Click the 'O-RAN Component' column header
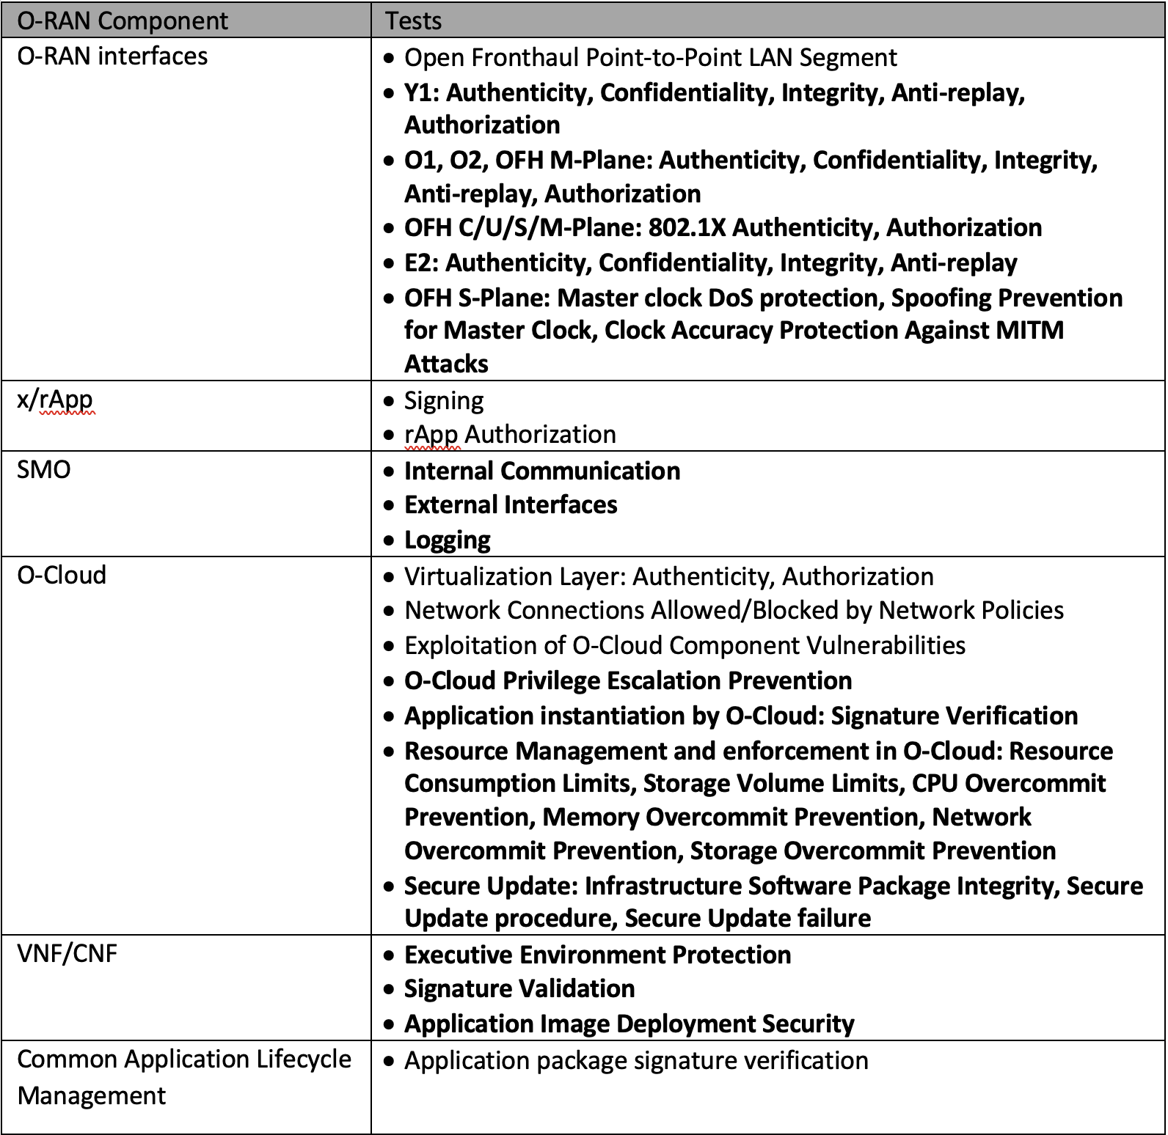123,21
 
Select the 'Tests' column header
414,21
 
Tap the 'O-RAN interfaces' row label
112,56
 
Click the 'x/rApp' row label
55,400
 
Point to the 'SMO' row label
44,469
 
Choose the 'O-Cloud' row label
62,575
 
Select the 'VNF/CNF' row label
67,953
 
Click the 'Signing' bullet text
444,401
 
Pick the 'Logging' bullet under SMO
448,540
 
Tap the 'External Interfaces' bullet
511,505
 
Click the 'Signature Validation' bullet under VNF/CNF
519,989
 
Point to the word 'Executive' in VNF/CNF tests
458,955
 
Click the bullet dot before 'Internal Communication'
390,471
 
